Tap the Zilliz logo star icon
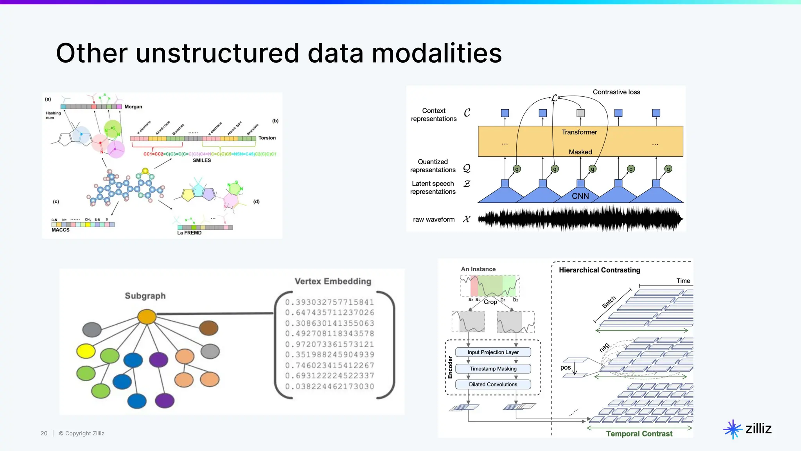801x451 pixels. click(733, 429)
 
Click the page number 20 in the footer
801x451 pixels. click(44, 433)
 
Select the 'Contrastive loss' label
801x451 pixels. click(616, 92)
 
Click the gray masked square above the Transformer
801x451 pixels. click(580, 113)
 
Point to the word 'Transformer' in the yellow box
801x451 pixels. click(579, 132)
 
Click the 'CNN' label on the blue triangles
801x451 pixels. click(580, 196)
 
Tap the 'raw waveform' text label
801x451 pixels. click(433, 220)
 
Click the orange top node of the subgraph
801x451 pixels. click(147, 316)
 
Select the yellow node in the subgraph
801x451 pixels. click(86, 351)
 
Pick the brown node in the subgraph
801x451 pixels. click(208, 328)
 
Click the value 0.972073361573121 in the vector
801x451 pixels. click(329, 345)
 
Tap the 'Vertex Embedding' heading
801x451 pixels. click(332, 281)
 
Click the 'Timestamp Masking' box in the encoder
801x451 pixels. click(493, 369)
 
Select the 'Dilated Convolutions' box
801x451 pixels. click(493, 384)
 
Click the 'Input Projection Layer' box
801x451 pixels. click(493, 352)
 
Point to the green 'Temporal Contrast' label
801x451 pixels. click(639, 434)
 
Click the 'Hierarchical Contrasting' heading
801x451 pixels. click(599, 270)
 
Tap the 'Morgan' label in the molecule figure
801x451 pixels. click(133, 107)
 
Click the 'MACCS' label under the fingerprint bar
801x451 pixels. click(61, 230)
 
